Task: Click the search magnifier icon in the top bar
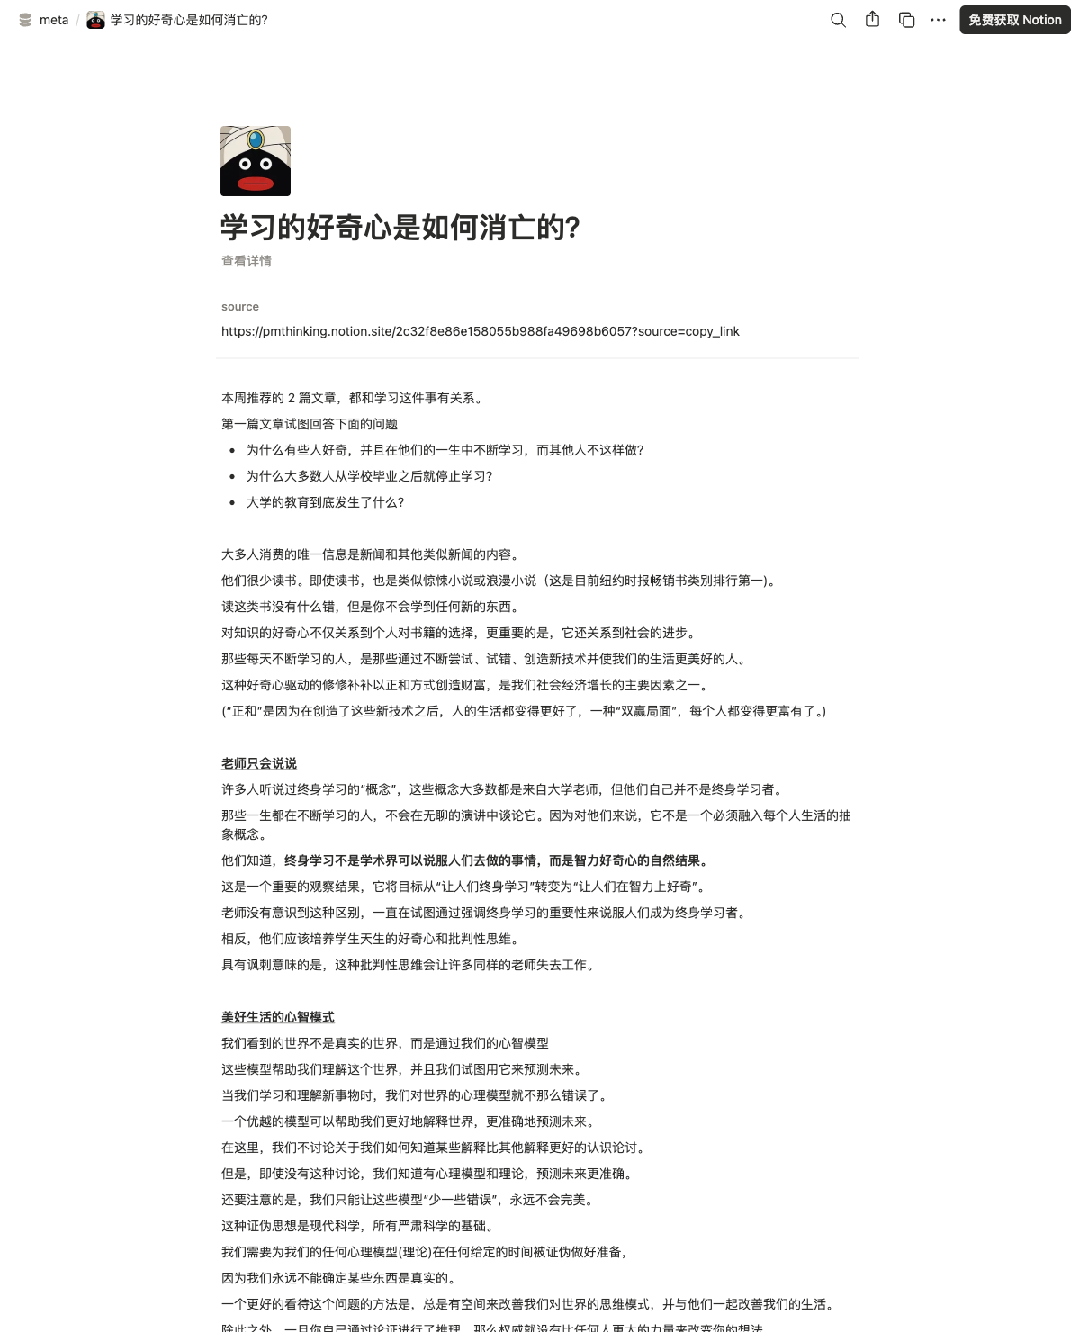[838, 20]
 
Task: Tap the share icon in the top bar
[872, 19]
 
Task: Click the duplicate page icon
[906, 20]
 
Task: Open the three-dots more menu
[938, 20]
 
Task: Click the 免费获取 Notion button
[1014, 20]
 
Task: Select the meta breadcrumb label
[54, 20]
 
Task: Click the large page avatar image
[256, 161]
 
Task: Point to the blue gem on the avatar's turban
[256, 139]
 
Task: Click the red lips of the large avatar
[256, 184]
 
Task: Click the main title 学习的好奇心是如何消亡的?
[400, 228]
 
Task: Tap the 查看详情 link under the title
[247, 261]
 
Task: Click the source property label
[240, 307]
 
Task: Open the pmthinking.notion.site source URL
[481, 331]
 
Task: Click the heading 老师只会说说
[259, 763]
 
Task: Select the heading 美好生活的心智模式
[278, 1017]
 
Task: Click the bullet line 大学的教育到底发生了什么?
[325, 502]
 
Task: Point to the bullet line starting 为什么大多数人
[369, 476]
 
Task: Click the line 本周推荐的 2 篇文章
[352, 398]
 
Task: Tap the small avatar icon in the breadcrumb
[95, 20]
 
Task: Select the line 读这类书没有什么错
[370, 607]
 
